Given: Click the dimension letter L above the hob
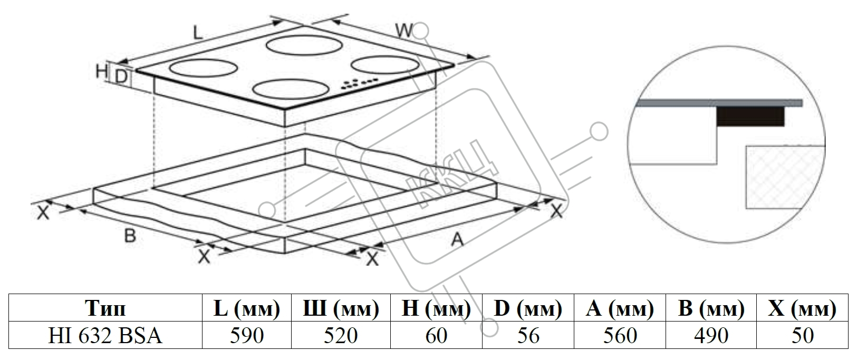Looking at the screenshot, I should (197, 33).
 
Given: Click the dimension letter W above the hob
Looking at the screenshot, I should (404, 31).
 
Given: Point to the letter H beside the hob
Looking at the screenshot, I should (102, 71).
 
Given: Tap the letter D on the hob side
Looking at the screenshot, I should (121, 77).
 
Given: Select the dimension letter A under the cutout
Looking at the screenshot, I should (457, 240).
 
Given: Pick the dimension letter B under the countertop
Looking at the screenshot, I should (130, 236).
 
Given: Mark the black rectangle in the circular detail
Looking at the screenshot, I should (750, 116).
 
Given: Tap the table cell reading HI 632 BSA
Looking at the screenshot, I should (105, 335).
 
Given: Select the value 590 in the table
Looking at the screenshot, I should (247, 335).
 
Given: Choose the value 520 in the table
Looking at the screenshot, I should (341, 335).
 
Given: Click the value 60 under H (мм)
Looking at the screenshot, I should (436, 335).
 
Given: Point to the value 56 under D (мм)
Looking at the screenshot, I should (528, 335).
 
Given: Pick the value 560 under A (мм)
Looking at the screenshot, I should (620, 335).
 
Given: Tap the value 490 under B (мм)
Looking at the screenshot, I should (711, 335).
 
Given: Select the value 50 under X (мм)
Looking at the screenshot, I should (803, 335).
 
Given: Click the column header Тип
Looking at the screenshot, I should (105, 308).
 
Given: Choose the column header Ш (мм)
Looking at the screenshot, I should (341, 308).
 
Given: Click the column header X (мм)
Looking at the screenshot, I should (803, 308).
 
